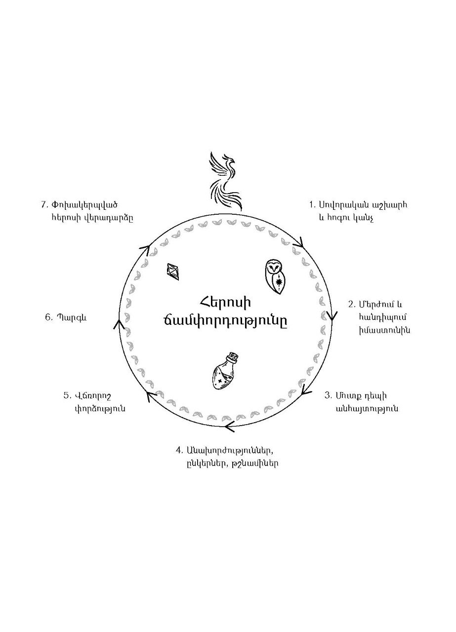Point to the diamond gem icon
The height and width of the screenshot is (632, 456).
(174, 271)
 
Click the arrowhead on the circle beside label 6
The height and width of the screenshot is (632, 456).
(119, 324)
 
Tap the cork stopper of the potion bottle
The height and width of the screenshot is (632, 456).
(232, 356)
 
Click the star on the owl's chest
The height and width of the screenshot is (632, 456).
(279, 282)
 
